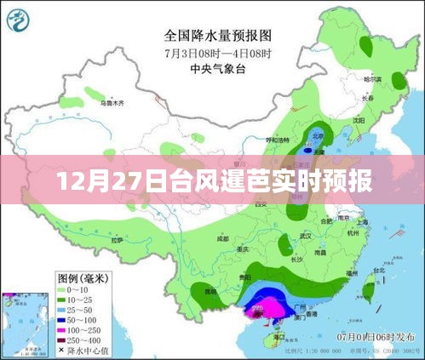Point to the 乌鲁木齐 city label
point(112,103)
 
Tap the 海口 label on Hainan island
point(277,337)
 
